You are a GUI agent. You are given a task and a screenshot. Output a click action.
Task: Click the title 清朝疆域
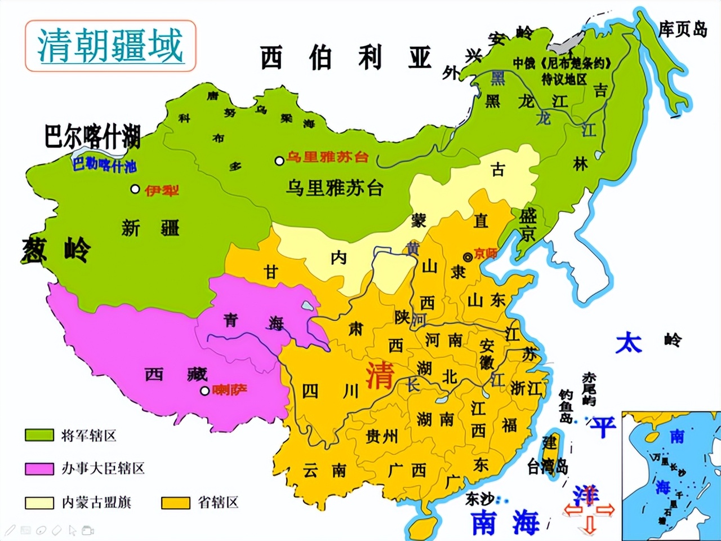110,46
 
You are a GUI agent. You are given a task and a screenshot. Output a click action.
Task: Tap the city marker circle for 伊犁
135,189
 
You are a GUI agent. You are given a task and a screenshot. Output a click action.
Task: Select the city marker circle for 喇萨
205,391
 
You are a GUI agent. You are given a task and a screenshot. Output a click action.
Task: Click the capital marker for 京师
468,257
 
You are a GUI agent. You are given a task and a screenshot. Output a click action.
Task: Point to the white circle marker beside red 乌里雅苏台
279,161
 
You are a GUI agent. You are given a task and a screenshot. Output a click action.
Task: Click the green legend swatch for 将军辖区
39,435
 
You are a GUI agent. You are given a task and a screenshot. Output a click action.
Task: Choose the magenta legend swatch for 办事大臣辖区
39,468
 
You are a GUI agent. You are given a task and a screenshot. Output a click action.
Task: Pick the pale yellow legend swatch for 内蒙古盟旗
39,502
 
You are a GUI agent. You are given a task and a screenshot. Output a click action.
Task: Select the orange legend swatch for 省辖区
175,502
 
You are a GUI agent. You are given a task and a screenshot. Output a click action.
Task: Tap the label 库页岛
683,29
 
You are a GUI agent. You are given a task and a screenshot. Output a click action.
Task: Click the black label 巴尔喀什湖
92,137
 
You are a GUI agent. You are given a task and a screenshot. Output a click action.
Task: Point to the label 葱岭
56,250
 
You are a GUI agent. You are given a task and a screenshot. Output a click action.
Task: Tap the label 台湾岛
547,467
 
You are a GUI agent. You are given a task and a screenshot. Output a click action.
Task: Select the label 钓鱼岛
566,406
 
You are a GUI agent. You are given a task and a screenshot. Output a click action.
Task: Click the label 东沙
479,499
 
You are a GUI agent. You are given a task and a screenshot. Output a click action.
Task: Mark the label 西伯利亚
345,58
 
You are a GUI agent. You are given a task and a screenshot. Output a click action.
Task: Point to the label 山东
486,300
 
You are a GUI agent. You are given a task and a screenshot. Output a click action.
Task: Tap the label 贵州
381,436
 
